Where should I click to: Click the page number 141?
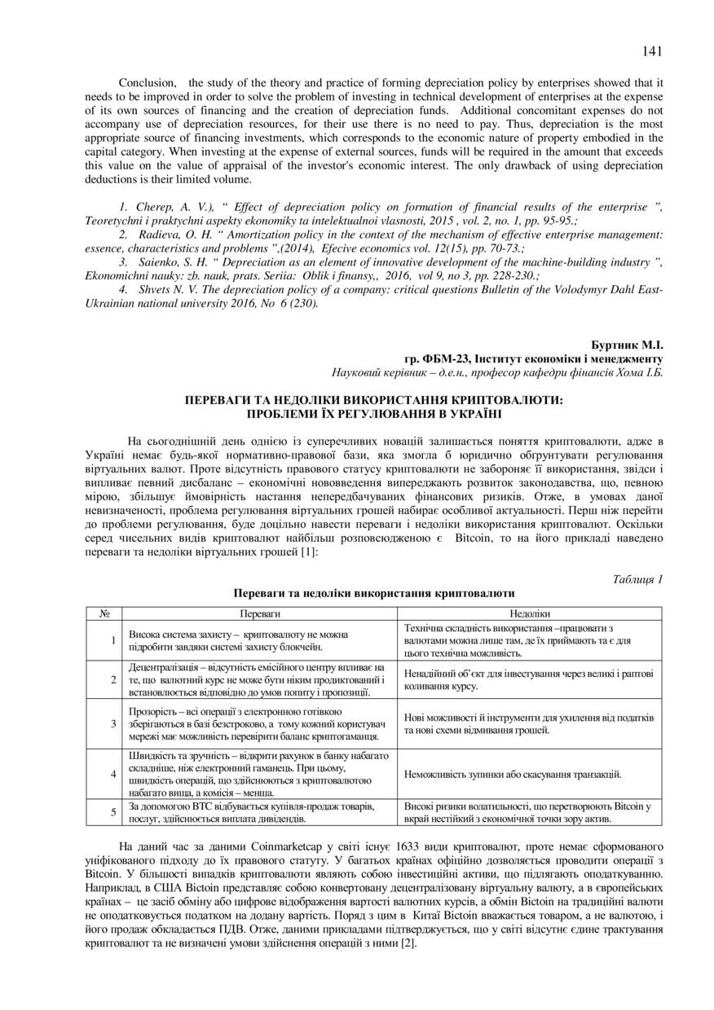[652, 51]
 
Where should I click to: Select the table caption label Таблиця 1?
[637, 579]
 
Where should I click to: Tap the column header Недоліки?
[530, 613]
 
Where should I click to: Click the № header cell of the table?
[104, 613]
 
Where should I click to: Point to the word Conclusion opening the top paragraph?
[148, 83]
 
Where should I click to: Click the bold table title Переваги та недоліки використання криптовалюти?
[374, 593]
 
